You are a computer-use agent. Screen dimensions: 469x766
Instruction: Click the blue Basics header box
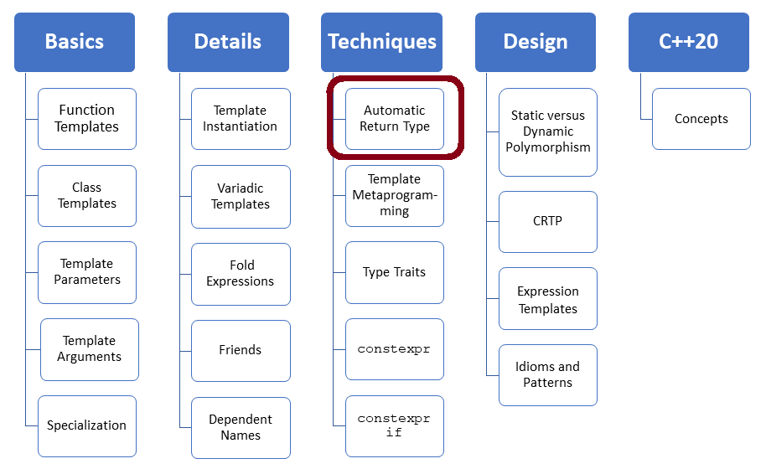click(x=75, y=42)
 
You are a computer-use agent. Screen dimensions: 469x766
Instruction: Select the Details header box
click(x=228, y=42)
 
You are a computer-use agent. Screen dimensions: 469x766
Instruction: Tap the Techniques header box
click(x=382, y=42)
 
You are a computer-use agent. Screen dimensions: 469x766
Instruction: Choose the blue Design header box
click(x=536, y=42)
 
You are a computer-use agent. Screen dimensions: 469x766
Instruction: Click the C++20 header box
click(x=689, y=42)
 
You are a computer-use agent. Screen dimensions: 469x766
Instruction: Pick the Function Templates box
click(x=87, y=119)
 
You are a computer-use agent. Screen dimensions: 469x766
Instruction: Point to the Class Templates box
click(x=87, y=196)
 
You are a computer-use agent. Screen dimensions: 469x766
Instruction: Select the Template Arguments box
click(x=90, y=349)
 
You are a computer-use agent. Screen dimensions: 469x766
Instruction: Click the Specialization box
click(x=87, y=425)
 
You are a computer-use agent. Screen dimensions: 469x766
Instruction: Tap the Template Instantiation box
click(x=241, y=119)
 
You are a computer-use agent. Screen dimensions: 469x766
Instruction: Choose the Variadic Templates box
click(x=241, y=197)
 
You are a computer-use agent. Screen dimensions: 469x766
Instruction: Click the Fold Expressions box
click(x=241, y=274)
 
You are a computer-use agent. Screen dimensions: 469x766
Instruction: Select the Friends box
click(x=241, y=350)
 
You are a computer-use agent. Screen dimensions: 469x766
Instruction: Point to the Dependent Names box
click(x=241, y=427)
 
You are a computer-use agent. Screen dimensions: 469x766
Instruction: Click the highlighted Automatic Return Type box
click(x=395, y=119)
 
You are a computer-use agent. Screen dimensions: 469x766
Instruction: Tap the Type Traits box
click(x=395, y=272)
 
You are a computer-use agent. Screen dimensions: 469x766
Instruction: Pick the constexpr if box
click(x=395, y=425)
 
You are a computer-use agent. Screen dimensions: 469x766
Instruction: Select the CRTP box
click(x=548, y=222)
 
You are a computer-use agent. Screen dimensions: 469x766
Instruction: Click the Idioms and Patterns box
click(x=548, y=374)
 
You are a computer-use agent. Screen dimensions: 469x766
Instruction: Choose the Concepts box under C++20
click(x=701, y=119)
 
